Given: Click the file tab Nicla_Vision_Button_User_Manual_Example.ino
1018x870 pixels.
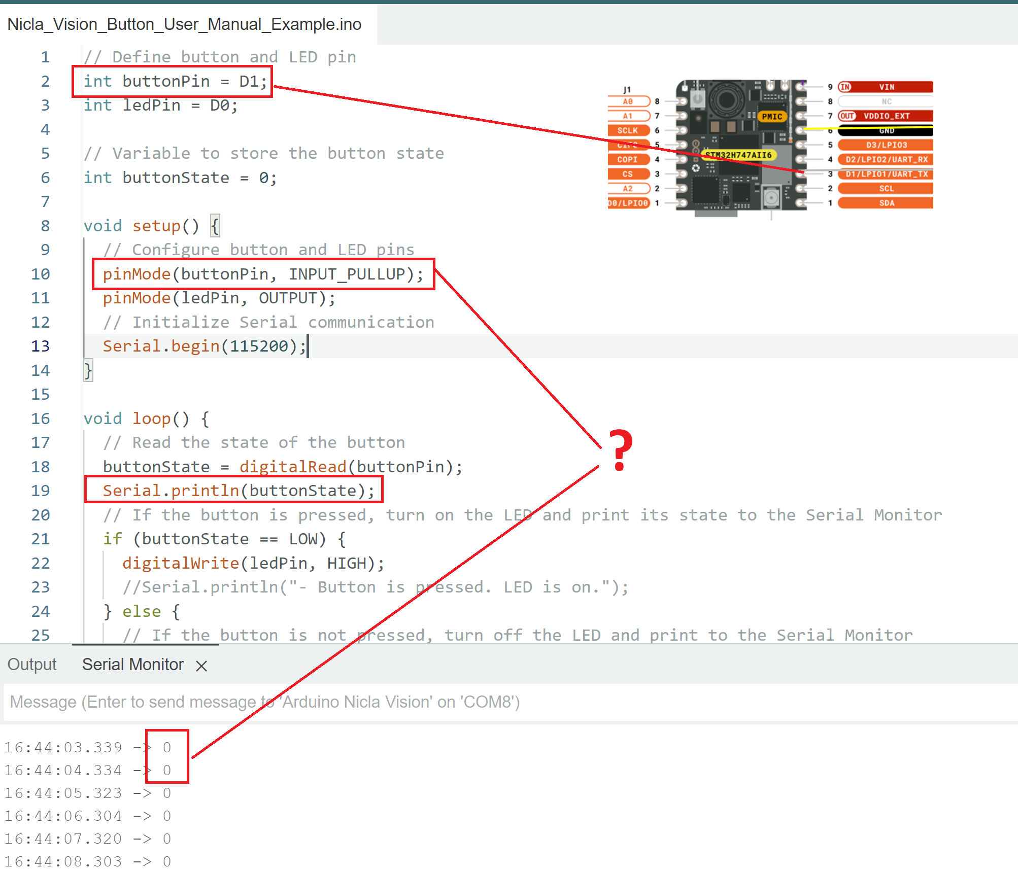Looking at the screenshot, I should (184, 24).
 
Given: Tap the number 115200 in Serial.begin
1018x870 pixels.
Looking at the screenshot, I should (259, 346).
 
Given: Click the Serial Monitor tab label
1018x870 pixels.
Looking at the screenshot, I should (132, 665).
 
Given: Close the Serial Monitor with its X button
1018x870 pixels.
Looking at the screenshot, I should (201, 666).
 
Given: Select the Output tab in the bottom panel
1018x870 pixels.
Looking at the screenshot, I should (32, 665).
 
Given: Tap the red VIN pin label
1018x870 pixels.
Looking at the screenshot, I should (886, 87).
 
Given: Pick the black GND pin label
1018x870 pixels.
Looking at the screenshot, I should (886, 131).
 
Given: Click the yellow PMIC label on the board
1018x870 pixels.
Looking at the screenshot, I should (771, 116).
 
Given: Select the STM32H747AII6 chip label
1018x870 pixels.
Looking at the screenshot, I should (738, 155).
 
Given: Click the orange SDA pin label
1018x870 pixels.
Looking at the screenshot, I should (886, 203).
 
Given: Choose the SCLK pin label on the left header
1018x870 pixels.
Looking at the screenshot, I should (628, 130).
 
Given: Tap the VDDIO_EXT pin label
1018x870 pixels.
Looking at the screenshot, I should (886, 116).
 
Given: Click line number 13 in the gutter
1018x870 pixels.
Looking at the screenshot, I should (41, 346).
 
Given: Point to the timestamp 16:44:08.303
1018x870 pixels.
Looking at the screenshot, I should (63, 861).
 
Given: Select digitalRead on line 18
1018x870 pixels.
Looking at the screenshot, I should (293, 467).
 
